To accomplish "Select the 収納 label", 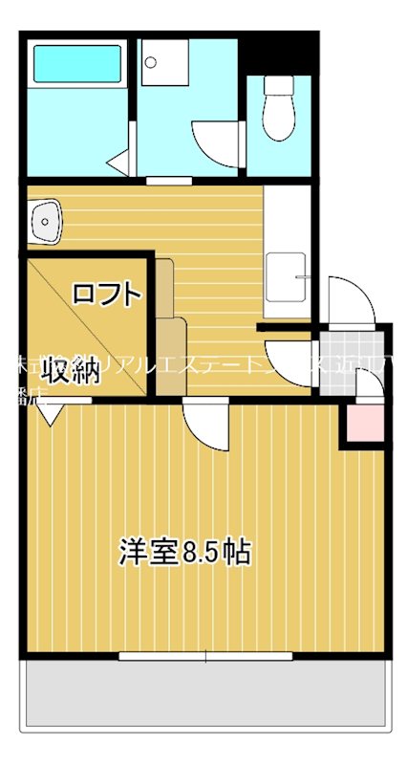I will pyautogui.click(x=73, y=373).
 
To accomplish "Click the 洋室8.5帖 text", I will pyautogui.click(x=185, y=552).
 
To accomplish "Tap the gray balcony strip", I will pyautogui.click(x=206, y=692).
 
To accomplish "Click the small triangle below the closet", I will pyautogui.click(x=52, y=413).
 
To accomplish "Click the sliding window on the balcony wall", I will pyautogui.click(x=205, y=656).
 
